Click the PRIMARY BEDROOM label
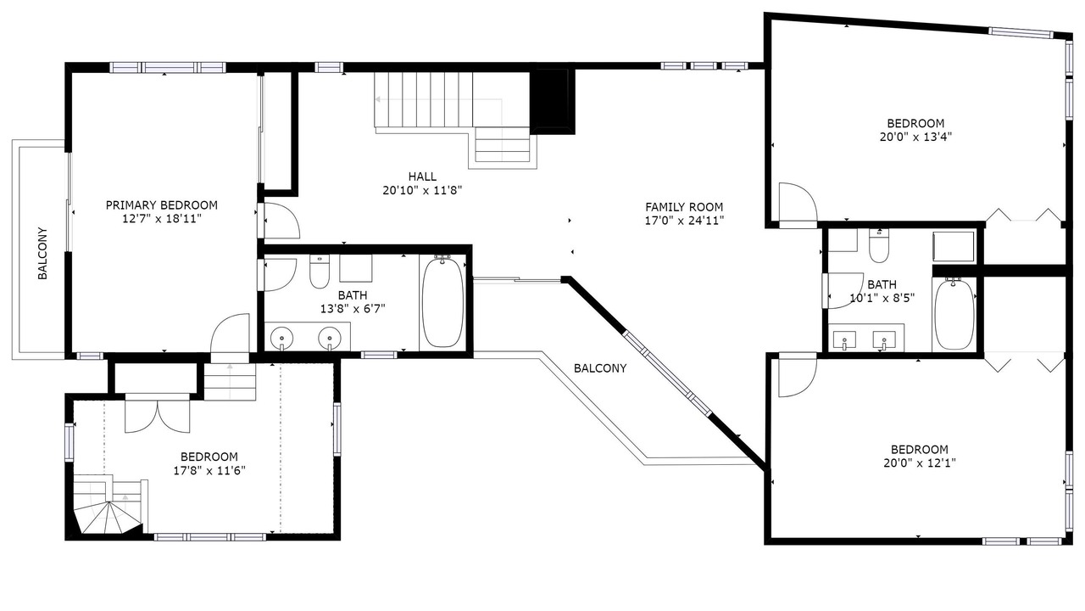point(162,205)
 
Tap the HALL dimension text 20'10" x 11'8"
point(422,191)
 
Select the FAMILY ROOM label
point(684,207)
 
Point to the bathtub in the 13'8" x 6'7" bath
point(442,302)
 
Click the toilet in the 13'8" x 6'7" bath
point(320,272)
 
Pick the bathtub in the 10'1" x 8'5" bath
point(954,314)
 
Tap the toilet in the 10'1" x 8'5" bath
point(879,246)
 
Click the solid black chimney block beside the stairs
point(552,102)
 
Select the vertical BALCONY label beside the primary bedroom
point(42,253)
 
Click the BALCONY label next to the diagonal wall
point(600,368)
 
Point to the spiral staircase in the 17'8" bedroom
point(108,507)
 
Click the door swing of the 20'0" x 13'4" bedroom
point(798,204)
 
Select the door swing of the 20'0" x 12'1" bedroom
point(798,378)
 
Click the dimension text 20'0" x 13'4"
point(916,137)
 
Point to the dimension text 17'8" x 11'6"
point(209,470)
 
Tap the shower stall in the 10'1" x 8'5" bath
point(954,246)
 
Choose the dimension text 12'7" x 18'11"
point(162,219)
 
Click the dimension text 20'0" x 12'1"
point(920,463)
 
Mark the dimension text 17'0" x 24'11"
point(684,221)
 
